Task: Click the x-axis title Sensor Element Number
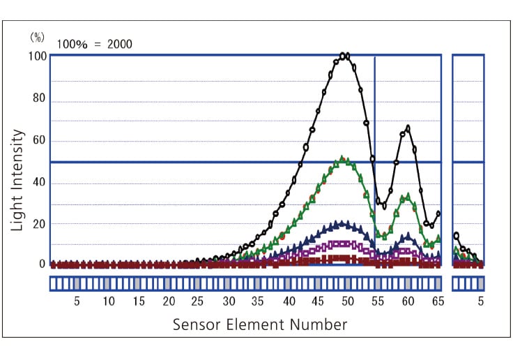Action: coord(259,324)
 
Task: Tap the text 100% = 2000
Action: coord(95,45)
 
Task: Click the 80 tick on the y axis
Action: coord(39,98)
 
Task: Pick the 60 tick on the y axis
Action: coord(39,141)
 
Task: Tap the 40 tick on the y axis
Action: coord(39,183)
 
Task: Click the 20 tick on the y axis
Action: coord(39,224)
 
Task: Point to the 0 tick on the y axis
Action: coord(42,264)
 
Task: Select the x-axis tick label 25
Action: coord(198,301)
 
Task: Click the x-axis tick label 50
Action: coord(348,301)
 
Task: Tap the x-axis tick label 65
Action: coord(438,301)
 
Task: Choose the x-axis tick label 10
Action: coord(108,301)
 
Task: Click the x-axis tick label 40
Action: coord(288,301)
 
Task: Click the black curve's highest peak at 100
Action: coord(344,56)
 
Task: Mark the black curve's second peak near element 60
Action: coord(407,128)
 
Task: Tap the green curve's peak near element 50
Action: coord(342,160)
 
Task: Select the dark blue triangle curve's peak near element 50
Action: coord(341,224)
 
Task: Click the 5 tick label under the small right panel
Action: coord(480,301)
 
